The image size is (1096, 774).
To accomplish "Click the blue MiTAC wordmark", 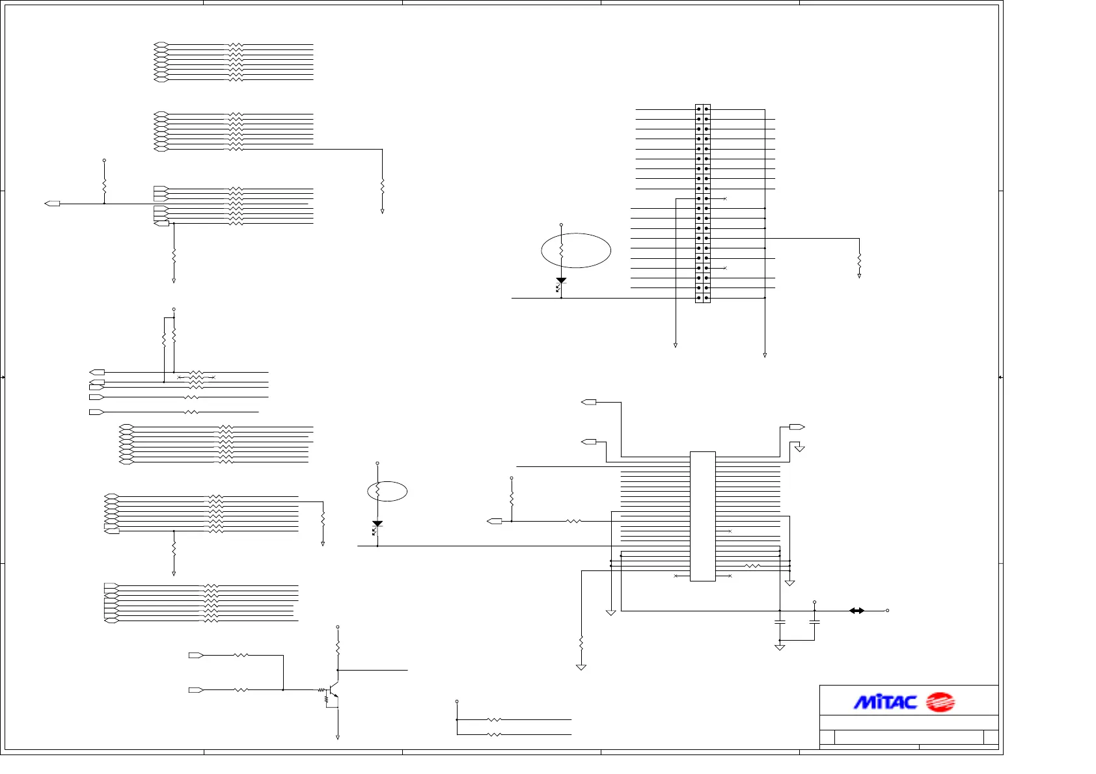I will click(885, 702).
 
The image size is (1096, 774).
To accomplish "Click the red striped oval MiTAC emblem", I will click(940, 702).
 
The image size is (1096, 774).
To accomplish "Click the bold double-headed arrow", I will click(856, 611).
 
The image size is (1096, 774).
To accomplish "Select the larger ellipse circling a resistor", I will click(576, 250).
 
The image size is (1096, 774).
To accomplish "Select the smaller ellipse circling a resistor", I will click(387, 491).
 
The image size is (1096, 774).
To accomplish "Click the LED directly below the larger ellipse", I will click(561, 282).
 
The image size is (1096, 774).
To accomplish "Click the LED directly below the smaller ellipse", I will click(377, 525).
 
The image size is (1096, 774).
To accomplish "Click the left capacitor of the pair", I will click(780, 622).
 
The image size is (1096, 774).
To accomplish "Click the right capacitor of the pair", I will click(814, 622).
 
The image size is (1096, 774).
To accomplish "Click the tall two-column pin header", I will click(703, 204).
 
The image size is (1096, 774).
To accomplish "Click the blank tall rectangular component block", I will click(703, 516).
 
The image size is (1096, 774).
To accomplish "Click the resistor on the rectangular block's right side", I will click(752, 566).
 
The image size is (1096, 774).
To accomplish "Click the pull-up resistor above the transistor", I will click(338, 647).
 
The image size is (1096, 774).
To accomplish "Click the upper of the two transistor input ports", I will click(196, 656).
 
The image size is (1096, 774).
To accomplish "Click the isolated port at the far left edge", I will click(52, 204).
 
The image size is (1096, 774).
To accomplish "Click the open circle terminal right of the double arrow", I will click(887, 611).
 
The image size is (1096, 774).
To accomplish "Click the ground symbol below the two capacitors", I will click(780, 647).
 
